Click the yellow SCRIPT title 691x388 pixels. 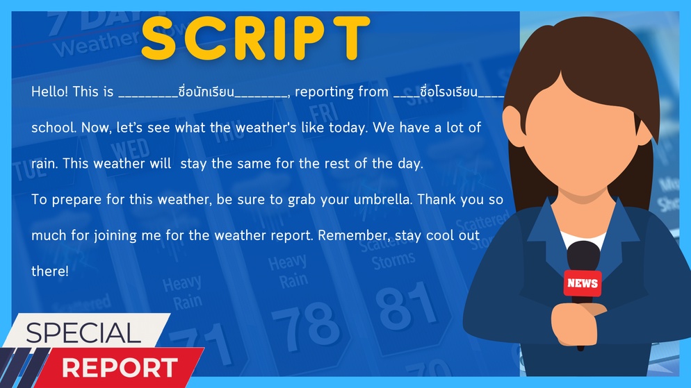click(x=255, y=38)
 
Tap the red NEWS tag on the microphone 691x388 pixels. click(x=582, y=283)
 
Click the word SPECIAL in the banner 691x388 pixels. click(x=83, y=333)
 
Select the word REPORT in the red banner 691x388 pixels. click(x=120, y=368)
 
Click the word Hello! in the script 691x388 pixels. click(x=49, y=92)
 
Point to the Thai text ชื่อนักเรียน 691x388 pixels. click(x=206, y=92)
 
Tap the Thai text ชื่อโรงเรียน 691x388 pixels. click(x=448, y=92)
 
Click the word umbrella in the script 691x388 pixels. click(x=382, y=199)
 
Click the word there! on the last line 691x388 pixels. click(x=50, y=271)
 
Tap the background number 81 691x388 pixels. click(x=405, y=305)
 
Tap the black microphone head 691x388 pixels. click(x=583, y=258)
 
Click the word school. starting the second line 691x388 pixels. click(x=54, y=128)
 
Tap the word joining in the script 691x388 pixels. click(x=115, y=235)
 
